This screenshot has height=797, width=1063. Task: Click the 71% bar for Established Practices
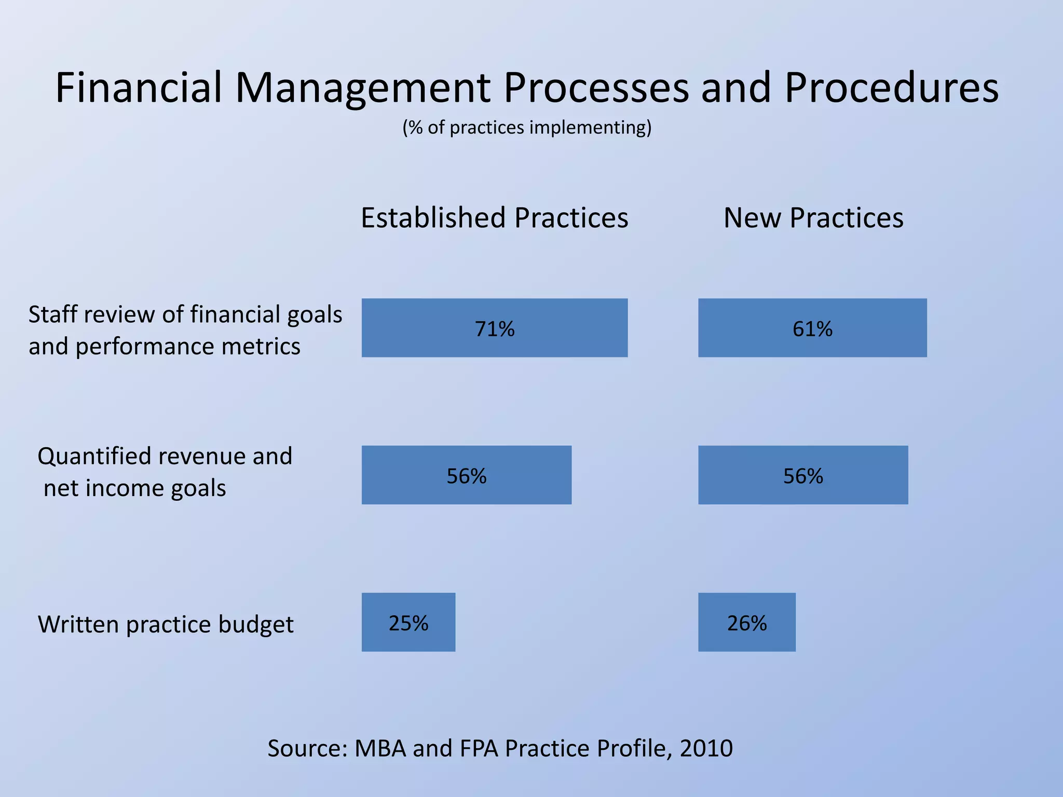point(494,328)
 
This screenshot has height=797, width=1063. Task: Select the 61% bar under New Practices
point(812,328)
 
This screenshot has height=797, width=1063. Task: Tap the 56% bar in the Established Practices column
point(466,475)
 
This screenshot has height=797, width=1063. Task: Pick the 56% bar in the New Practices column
point(803,475)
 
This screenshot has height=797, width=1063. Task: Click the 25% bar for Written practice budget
point(408,622)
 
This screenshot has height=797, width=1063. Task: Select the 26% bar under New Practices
point(746,622)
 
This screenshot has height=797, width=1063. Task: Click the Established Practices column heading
point(494,218)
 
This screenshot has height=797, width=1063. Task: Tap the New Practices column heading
point(813,218)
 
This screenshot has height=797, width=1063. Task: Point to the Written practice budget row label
point(166,624)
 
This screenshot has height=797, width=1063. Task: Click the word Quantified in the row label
point(94,457)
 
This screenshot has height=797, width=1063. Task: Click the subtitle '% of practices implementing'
point(526,128)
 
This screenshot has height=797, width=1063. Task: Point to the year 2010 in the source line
point(706,748)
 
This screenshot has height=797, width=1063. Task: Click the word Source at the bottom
point(306,748)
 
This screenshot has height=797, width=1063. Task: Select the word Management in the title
point(362,88)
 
